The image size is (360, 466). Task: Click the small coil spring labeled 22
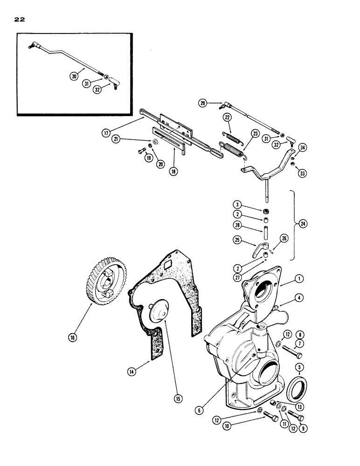232,136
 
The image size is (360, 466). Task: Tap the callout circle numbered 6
200,410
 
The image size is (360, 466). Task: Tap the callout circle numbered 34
302,148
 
